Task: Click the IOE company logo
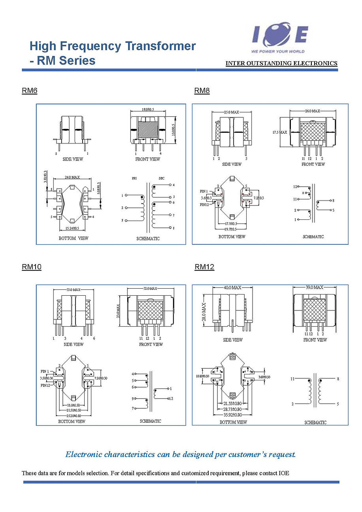click(280, 38)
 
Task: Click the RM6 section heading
click(29, 91)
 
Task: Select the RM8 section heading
click(202, 91)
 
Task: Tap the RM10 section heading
click(31, 267)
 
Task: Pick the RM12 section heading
click(204, 267)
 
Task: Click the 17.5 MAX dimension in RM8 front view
click(280, 132)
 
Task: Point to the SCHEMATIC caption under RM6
click(148, 239)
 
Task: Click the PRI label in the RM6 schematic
click(134, 178)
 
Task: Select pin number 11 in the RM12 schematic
click(292, 379)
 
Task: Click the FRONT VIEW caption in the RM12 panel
click(315, 340)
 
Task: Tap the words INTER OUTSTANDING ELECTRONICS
click(281, 63)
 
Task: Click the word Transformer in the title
click(160, 46)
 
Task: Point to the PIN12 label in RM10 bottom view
click(45, 385)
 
